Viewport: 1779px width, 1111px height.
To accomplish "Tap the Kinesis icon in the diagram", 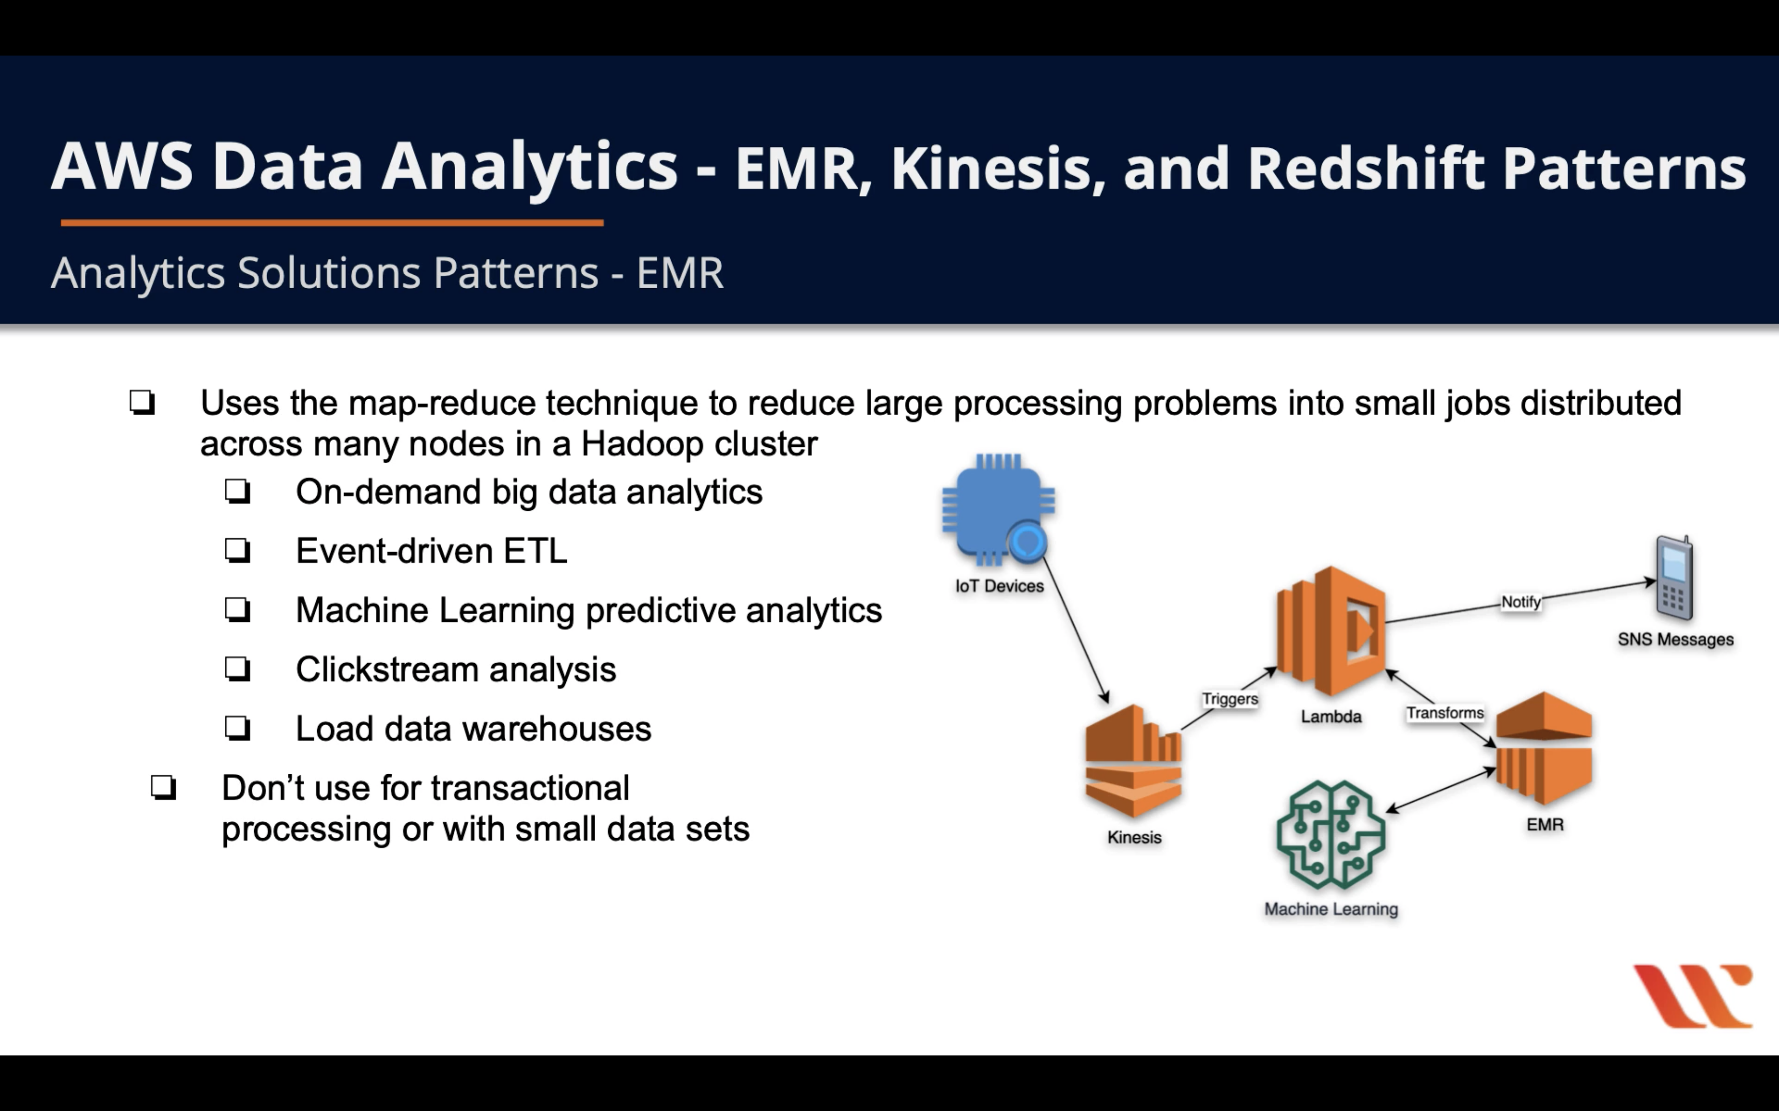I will [x=1133, y=761].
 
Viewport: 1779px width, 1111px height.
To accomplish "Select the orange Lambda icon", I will [x=1331, y=630].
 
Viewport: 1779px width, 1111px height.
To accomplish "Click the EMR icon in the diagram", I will [x=1544, y=748].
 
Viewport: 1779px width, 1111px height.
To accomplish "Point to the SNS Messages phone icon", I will [x=1674, y=579].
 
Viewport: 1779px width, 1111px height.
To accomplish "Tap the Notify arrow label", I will [x=1520, y=602].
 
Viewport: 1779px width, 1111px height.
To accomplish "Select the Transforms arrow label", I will [x=1444, y=713].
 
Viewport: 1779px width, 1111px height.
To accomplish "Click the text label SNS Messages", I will [x=1675, y=639].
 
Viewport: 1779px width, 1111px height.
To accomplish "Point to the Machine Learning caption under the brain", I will [x=1331, y=909].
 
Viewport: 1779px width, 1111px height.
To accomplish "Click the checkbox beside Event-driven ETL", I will [x=237, y=551].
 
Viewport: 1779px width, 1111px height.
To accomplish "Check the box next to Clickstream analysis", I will [x=237, y=669].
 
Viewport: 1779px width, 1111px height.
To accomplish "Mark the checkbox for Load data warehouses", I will [x=237, y=728].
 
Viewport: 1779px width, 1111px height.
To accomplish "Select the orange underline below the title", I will [x=332, y=222].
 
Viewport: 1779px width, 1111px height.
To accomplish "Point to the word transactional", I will [x=529, y=788].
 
